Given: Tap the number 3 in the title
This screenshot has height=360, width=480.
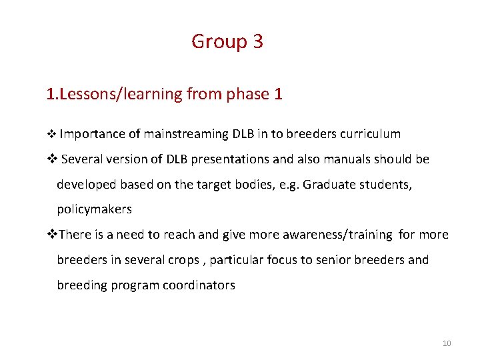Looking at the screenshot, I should pyautogui.click(x=258, y=42).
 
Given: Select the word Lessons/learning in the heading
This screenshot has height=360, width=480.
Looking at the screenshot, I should pyautogui.click(x=121, y=95).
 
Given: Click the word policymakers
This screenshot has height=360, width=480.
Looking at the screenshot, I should pyautogui.click(x=94, y=210).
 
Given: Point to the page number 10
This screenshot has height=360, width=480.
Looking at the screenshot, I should pyautogui.click(x=447, y=343).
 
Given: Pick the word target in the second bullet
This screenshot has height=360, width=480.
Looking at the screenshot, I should pyautogui.click(x=213, y=185).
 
